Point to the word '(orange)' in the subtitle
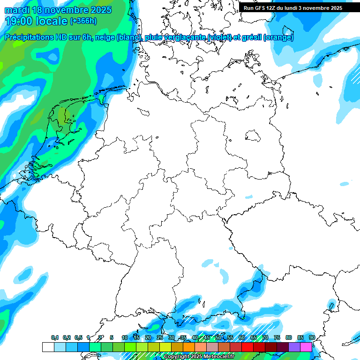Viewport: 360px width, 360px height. [279, 37]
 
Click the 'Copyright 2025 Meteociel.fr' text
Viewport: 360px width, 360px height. [199, 357]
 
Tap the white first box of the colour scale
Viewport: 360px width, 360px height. [48, 347]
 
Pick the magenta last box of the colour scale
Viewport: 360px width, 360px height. [306, 347]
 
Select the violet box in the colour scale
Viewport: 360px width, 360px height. [294, 347]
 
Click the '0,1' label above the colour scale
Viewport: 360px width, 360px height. [55, 338]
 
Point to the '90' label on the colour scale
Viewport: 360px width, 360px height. [312, 338]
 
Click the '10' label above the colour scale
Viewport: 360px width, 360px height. [125, 338]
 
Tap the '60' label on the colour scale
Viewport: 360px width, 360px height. [242, 338]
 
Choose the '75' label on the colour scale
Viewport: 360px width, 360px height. [277, 338]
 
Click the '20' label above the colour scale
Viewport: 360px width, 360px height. [148, 338]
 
